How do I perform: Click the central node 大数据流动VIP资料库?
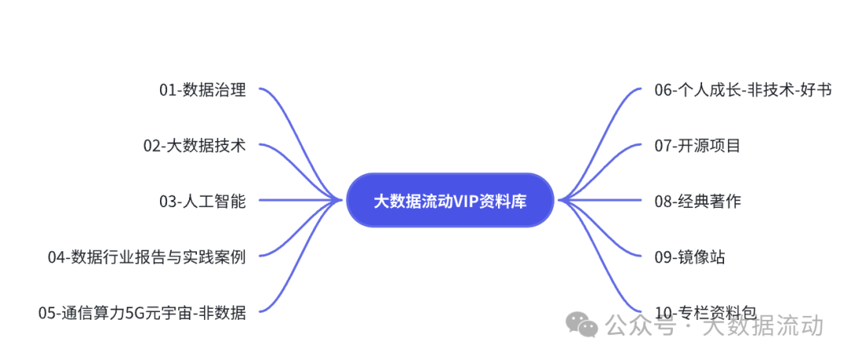450,201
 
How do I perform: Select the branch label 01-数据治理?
203,91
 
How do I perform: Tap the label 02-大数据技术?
195,146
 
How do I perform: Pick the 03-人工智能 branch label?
203,202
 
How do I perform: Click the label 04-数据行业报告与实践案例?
147,257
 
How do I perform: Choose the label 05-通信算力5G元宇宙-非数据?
142,313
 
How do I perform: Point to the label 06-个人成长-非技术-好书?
742,91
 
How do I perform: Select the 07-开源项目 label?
697,146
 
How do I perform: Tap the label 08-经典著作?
697,202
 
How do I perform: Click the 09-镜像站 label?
689,257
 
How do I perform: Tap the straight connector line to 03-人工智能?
299,200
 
